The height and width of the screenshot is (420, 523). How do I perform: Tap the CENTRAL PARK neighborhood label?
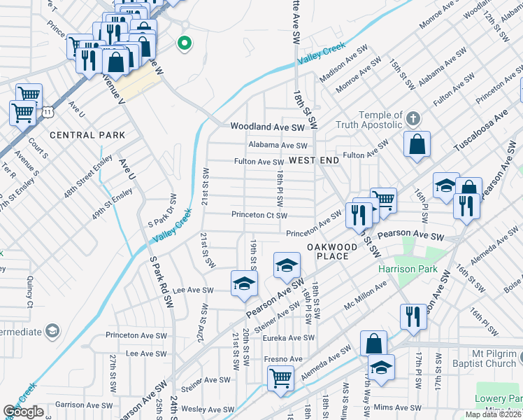(x=87, y=135)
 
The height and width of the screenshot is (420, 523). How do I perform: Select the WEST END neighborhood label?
(x=314, y=160)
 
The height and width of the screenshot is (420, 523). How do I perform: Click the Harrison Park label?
(x=408, y=269)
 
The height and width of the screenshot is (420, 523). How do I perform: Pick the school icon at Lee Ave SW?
(x=245, y=283)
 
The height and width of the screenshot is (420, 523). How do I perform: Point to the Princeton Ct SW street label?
(x=259, y=216)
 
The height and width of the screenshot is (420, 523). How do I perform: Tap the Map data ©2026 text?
(x=494, y=414)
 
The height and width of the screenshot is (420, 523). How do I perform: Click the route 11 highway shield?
(x=47, y=111)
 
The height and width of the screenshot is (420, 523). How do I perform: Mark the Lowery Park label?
(x=502, y=398)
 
